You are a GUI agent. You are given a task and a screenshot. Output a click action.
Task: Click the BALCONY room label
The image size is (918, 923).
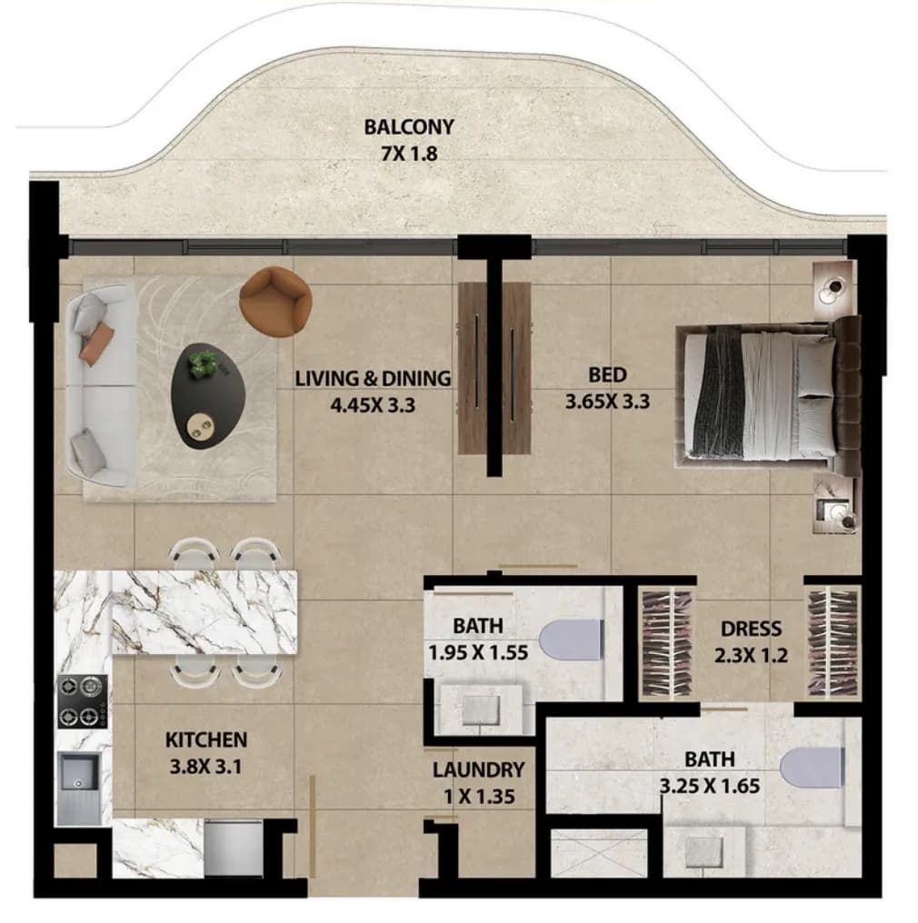pos(409,127)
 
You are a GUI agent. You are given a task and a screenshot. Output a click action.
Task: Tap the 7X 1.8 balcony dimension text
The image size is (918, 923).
pos(409,154)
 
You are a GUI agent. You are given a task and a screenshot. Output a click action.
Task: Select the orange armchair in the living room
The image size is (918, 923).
pos(275,302)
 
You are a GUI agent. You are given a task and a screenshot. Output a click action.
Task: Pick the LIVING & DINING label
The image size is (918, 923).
pos(373,378)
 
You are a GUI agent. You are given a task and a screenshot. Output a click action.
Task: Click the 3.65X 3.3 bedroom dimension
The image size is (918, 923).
pos(608,402)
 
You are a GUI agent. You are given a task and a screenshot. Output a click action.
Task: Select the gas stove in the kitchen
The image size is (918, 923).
pos(83,701)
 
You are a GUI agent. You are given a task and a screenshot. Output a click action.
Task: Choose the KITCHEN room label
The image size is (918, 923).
pos(206,739)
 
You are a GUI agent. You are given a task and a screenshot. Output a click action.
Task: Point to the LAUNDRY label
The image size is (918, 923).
pos(478,770)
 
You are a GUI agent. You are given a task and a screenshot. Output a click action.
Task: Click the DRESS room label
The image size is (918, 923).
pos(752,629)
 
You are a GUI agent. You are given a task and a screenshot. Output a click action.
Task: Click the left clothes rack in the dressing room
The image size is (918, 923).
pos(666,643)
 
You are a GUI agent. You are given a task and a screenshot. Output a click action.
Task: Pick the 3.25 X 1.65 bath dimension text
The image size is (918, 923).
pos(710,786)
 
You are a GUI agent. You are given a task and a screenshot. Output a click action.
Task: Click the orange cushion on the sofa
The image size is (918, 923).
pos(96,343)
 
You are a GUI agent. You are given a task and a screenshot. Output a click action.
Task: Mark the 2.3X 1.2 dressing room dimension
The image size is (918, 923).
pos(751,655)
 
